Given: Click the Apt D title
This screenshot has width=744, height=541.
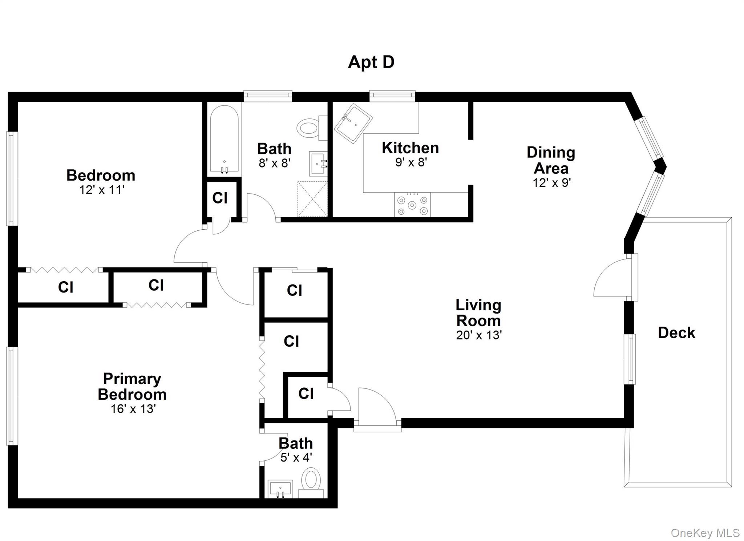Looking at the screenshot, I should (x=371, y=62).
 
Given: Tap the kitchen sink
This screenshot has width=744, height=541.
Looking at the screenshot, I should (x=353, y=124).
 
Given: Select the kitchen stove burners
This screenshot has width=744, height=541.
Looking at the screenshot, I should (x=412, y=205).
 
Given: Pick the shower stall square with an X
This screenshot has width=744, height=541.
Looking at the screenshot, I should (x=312, y=199).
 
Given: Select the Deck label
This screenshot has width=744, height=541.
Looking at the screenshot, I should (x=676, y=333).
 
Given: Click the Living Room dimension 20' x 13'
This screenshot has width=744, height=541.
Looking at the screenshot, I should (x=478, y=335).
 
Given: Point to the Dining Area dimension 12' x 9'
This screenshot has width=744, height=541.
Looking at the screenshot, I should (x=551, y=182).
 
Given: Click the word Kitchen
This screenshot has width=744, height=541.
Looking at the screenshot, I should (x=410, y=148).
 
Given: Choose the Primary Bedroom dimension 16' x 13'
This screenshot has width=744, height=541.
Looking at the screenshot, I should (x=133, y=409).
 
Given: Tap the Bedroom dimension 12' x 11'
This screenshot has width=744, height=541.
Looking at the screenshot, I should (x=102, y=190).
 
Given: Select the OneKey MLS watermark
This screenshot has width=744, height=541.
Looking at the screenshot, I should (x=704, y=533).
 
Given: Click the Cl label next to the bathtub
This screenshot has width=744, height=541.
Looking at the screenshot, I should (x=220, y=198).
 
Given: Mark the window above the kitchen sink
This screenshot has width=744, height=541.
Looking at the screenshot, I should (x=392, y=96).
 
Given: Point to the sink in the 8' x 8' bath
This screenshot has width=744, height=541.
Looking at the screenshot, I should (x=318, y=163).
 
